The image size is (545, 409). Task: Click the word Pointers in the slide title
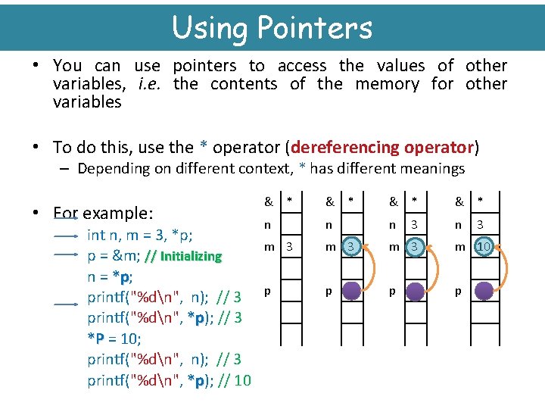coord(314,28)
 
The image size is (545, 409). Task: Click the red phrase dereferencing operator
coord(382,147)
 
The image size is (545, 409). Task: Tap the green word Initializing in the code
coord(191,256)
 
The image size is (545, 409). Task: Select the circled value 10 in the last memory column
coord(484,246)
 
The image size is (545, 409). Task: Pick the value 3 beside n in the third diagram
coord(413,225)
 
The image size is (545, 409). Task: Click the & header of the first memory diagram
coord(268,202)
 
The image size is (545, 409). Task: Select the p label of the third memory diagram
coord(392,290)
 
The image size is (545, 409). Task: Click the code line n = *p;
coord(111,276)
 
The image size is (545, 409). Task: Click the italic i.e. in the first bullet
coord(151,84)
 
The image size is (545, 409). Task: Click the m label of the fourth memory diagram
coord(458,246)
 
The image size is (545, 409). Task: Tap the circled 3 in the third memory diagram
coord(413,246)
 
